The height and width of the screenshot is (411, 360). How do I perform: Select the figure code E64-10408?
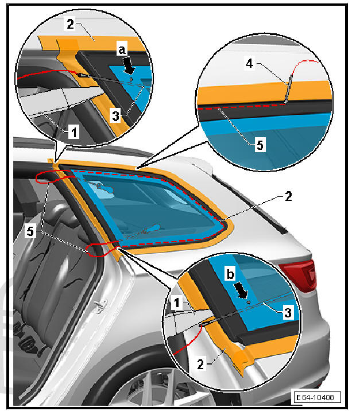pos(316,397)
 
